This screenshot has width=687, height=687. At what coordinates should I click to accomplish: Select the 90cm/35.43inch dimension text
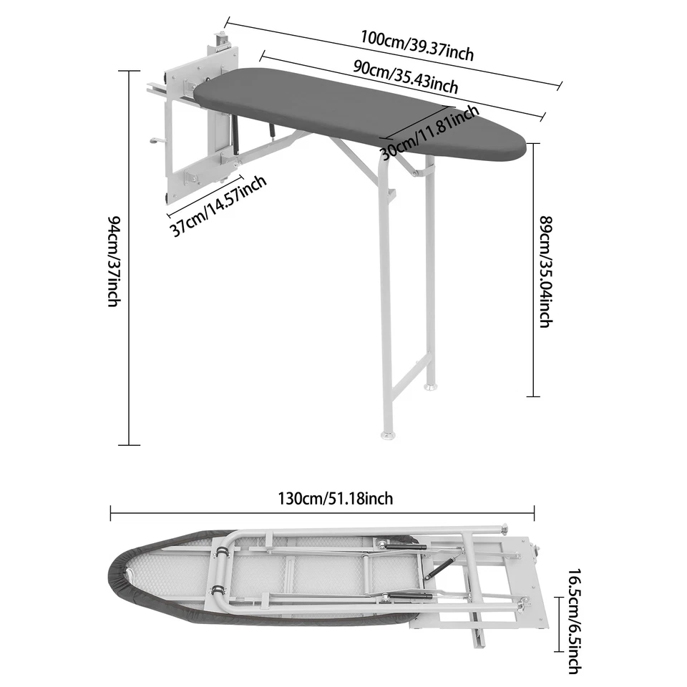tap(406, 77)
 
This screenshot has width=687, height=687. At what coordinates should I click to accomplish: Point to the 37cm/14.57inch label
tap(218, 205)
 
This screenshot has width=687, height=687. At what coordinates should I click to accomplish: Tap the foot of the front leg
tap(387, 434)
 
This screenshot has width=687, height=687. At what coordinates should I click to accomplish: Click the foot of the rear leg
tap(429, 387)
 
